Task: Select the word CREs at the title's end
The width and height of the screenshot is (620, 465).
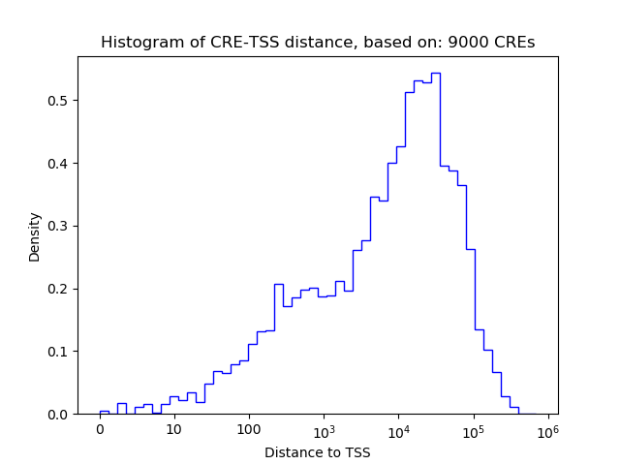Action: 515,43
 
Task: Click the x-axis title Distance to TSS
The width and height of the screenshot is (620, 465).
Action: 318,452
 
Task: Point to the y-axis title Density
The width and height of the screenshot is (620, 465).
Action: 35,236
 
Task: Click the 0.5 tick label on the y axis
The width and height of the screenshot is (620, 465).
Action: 58,101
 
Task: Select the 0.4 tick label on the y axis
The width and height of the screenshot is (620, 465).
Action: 58,164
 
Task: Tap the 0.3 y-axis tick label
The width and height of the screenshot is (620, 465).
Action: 58,226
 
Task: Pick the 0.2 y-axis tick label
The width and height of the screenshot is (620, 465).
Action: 58,289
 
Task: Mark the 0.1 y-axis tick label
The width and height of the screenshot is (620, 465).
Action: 58,352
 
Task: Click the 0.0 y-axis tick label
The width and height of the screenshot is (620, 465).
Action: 58,415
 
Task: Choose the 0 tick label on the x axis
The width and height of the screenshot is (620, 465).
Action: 100,429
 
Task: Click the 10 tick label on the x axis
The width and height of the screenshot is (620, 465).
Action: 174,429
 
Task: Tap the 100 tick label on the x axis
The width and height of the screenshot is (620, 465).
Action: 249,429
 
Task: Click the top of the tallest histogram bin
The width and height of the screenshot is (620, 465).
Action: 436,73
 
